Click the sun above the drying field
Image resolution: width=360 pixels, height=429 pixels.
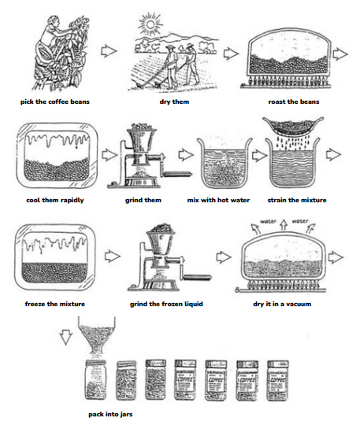coord(150,24)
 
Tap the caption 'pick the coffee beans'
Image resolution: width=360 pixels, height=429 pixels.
coord(55,102)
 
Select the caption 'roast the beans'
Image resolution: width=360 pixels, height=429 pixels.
coord(294,102)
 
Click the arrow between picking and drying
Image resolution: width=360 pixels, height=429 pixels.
coord(109,51)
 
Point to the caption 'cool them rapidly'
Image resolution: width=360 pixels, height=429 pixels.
coord(55,200)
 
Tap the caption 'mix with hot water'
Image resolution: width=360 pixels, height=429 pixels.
coord(218,200)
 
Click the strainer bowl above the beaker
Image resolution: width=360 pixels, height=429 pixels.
coord(293,127)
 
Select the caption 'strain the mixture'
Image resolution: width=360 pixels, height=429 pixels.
coord(297,200)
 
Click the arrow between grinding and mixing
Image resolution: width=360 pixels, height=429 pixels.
coord(186,154)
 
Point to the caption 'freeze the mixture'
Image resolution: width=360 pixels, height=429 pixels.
coord(55,304)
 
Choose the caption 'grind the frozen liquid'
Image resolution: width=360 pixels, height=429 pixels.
coord(166,304)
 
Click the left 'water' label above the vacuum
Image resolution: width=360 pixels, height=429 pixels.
coord(268,221)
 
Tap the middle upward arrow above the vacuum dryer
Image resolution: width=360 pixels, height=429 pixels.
coord(284,224)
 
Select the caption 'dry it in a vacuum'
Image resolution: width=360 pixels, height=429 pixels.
coord(282,304)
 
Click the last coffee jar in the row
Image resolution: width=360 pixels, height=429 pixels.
coord(277,380)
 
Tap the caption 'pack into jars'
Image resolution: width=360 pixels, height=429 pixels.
coord(110,414)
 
